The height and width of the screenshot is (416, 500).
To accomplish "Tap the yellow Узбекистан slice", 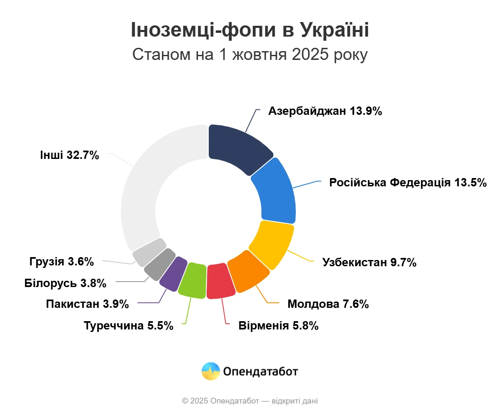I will coord(271,243).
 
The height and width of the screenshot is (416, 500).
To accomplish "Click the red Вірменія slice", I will coord(220,281).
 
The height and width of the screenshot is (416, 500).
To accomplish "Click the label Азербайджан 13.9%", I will coord(325,111).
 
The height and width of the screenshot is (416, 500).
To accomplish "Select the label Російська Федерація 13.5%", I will coord(408,183).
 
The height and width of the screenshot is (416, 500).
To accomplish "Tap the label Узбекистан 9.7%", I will coord(370,262).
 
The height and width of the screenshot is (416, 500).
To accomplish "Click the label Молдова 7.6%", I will coord(328,304).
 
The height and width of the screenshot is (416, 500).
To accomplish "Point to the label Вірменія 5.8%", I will coord(278,325).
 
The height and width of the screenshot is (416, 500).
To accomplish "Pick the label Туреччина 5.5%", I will coord(128,325).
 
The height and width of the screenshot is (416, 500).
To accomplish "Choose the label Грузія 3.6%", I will coord(62,262).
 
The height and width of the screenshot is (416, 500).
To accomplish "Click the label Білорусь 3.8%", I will coord(65,283).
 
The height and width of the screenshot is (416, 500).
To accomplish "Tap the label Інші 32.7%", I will coord(70,155).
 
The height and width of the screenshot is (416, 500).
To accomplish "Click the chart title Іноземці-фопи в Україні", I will coord(250,30).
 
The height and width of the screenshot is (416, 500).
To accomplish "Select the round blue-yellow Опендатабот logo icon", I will coord(210,371).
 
